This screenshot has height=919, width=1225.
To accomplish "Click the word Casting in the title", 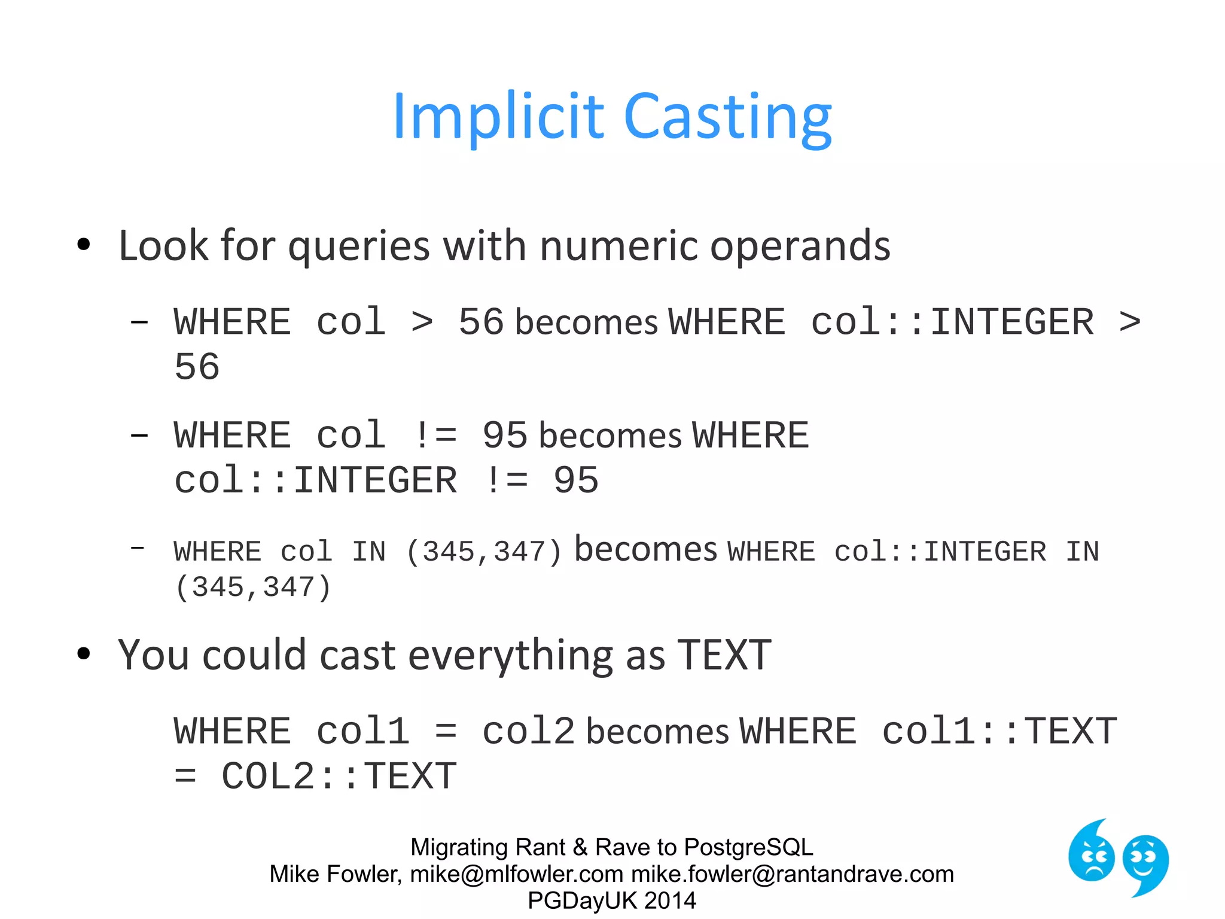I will tap(727, 118).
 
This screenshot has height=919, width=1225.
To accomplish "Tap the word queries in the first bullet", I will tap(359, 247).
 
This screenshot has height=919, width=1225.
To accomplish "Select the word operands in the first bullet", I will tap(800, 247).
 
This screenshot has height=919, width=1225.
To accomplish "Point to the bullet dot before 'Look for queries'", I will tap(84, 244).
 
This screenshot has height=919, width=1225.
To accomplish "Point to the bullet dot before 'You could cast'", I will tap(84, 653).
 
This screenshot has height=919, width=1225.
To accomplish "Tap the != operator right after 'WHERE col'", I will tap(435, 435).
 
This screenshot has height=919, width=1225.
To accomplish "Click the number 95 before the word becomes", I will tap(505, 435).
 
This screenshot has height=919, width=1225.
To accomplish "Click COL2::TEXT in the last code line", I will tap(339, 776).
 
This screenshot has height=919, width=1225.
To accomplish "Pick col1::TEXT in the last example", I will tap(999, 731).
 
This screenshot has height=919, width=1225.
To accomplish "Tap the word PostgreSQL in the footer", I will tap(748, 847).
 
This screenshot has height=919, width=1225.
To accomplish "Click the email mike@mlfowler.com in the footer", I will tap(517, 874).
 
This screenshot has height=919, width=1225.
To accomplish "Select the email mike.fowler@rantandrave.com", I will tap(793, 874).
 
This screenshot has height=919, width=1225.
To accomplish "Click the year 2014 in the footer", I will tap(670, 900).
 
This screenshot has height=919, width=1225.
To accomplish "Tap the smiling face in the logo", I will tap(1145, 862).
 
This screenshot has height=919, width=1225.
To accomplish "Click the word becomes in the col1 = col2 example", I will tap(657, 732).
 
